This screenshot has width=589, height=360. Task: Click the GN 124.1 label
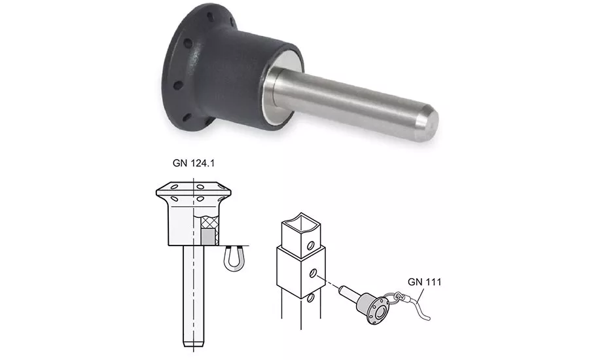pos(194,163)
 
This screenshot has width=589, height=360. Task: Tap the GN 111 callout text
pos(425,282)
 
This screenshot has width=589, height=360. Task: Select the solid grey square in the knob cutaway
pos(207,237)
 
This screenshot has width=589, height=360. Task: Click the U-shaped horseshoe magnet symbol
pos(234,259)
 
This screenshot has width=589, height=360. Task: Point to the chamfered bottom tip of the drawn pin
pos(194,344)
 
